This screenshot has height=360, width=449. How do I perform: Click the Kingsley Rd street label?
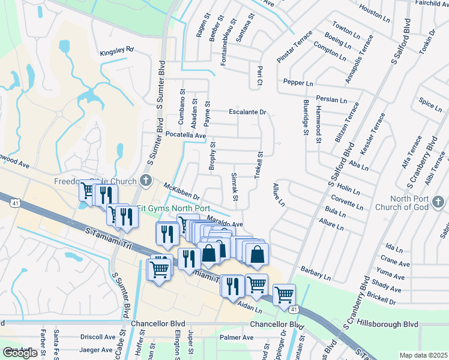point(116,52)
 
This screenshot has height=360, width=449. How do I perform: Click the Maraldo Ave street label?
point(224,221)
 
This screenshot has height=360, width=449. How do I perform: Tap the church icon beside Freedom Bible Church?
point(145,180)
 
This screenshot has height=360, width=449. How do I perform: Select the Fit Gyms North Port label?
point(164,208)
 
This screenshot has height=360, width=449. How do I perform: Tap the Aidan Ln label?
point(250,309)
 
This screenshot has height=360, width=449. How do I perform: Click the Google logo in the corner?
point(20,353)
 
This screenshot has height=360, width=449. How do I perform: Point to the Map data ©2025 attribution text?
point(423,355)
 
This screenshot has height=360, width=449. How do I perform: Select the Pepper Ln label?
point(298,83)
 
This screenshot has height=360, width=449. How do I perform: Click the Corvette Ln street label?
point(347,202)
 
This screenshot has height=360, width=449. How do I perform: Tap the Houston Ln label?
point(374,12)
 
